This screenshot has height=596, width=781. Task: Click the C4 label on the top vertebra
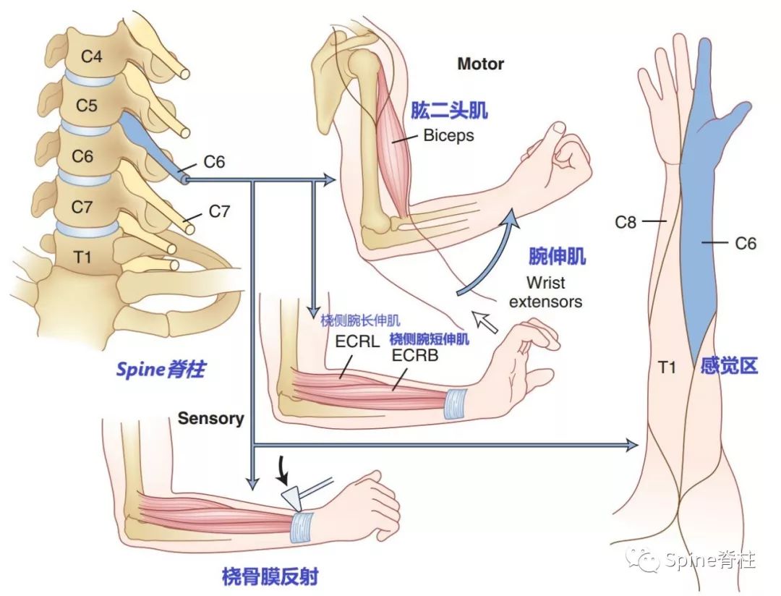click(91, 56)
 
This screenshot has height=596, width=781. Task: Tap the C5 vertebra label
click(87, 106)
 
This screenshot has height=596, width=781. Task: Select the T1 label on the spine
click(84, 255)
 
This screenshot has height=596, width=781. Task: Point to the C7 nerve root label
click(219, 212)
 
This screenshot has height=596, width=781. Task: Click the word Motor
click(481, 64)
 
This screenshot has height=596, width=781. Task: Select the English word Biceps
click(448, 135)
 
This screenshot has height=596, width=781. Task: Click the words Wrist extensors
click(545, 291)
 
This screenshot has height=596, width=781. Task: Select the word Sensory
click(211, 418)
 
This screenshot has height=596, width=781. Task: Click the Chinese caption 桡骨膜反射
click(270, 576)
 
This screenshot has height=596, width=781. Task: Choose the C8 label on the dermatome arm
click(626, 222)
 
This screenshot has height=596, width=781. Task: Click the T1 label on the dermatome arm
click(666, 367)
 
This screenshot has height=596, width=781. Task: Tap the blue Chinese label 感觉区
click(728, 366)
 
